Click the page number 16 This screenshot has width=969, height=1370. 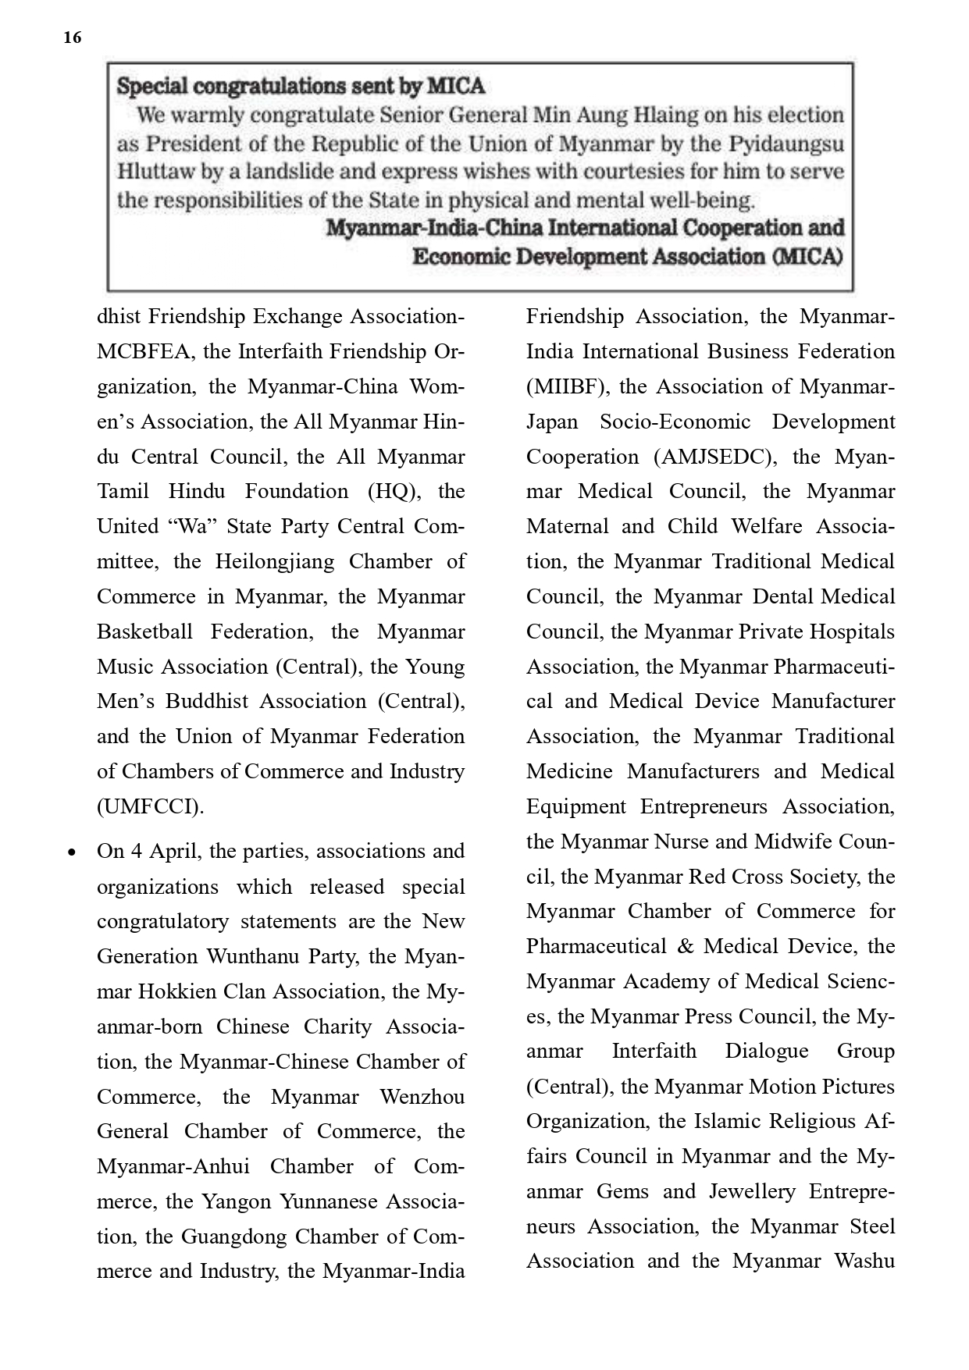pyautogui.click(x=72, y=37)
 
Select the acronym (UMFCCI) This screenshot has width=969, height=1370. pyautogui.click(x=150, y=806)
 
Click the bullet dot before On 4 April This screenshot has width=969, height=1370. pyautogui.click(x=72, y=852)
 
